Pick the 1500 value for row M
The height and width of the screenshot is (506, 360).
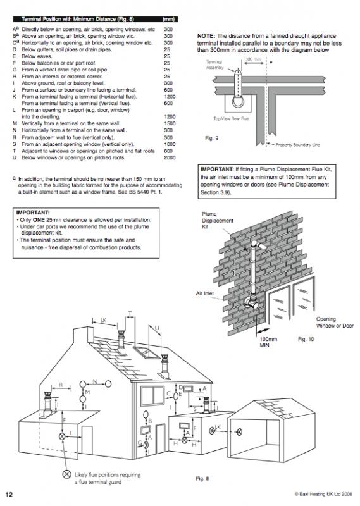169,123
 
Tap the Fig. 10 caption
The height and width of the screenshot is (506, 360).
306,339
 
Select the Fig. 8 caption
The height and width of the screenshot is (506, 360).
202,478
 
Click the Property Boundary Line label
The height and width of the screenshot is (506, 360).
301,145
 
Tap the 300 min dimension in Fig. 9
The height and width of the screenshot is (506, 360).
253,59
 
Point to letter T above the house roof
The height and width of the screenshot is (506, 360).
130,313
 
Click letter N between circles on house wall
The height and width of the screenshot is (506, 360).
94,381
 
